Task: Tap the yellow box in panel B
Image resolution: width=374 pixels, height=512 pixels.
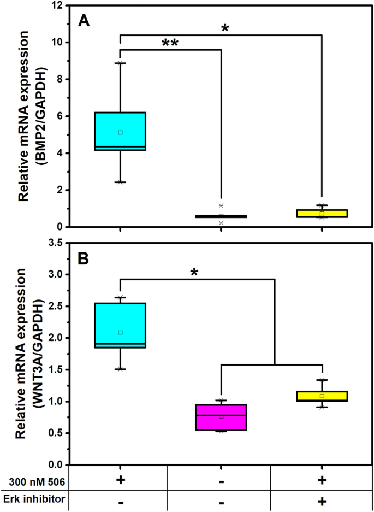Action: (x=322, y=396)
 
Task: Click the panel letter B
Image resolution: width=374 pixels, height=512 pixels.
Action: (x=84, y=258)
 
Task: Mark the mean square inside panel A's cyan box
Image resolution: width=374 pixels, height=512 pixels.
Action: (x=120, y=132)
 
